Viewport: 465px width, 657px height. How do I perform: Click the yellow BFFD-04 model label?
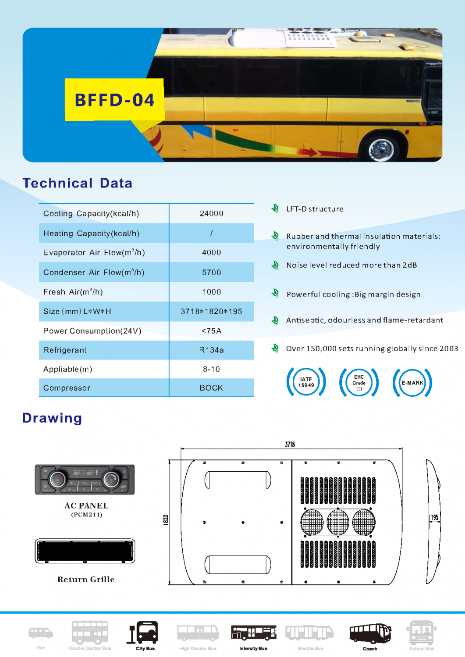114,100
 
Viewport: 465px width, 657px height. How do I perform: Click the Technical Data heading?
77,183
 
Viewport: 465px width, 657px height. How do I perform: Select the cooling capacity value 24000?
211,213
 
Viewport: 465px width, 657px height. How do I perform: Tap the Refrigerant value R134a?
211,350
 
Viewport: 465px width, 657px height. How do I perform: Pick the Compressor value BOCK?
211,388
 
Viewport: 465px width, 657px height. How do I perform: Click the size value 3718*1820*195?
211,311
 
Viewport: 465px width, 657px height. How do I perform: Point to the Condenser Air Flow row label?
94,272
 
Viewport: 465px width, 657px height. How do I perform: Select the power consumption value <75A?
211,331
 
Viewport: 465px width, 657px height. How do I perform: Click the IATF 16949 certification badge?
306,382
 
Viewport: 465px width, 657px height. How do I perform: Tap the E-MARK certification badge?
412,382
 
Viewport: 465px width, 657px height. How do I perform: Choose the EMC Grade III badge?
359,382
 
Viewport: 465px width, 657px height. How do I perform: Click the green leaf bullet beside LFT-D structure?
275,208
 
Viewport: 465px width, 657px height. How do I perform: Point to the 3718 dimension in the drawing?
290,444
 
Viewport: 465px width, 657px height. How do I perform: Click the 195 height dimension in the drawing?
434,517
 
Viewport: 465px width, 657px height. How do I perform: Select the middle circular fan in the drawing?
338,522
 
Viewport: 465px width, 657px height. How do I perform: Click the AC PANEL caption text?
86,505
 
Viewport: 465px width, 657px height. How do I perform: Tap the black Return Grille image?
85,551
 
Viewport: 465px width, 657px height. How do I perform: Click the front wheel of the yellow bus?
378,149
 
